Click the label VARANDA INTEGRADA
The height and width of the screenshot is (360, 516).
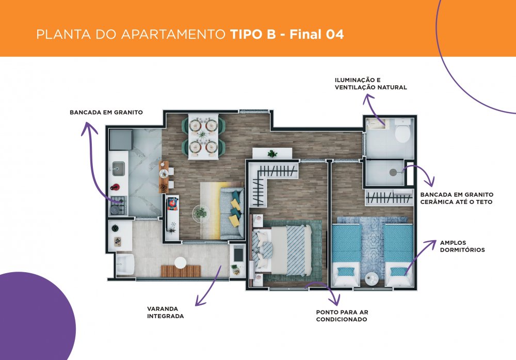(x=165, y=312)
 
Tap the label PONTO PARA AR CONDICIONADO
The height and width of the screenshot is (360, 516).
(x=342, y=316)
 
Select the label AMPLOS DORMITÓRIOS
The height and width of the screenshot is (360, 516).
(x=462, y=246)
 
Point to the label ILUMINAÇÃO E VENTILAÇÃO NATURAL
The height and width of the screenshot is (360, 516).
(x=371, y=84)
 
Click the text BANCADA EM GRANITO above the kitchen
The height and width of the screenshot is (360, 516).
(x=106, y=112)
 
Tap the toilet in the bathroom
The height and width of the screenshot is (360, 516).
(x=402, y=131)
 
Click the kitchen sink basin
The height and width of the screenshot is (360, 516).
(x=118, y=168)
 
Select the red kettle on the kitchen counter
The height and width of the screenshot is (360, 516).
(x=115, y=187)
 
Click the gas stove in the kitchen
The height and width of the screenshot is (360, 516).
(x=118, y=205)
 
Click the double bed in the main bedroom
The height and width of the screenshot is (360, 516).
(x=282, y=249)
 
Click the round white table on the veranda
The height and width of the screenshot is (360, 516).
(x=180, y=262)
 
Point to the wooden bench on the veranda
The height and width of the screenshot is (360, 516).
(x=181, y=271)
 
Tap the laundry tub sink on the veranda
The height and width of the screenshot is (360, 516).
(x=125, y=264)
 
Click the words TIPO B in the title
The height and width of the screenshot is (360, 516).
(x=253, y=34)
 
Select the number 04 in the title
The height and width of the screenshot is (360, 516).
(x=335, y=34)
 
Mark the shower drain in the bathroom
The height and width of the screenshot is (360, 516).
(x=393, y=173)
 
